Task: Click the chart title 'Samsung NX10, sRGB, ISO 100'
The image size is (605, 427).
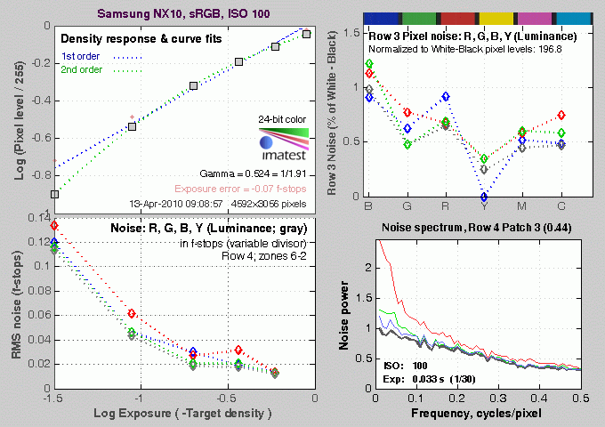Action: [184, 14]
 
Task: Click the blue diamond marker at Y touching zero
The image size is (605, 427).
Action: [484, 197]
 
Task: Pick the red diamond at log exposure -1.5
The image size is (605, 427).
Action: [55, 225]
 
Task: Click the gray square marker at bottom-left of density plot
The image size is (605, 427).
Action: [55, 194]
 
